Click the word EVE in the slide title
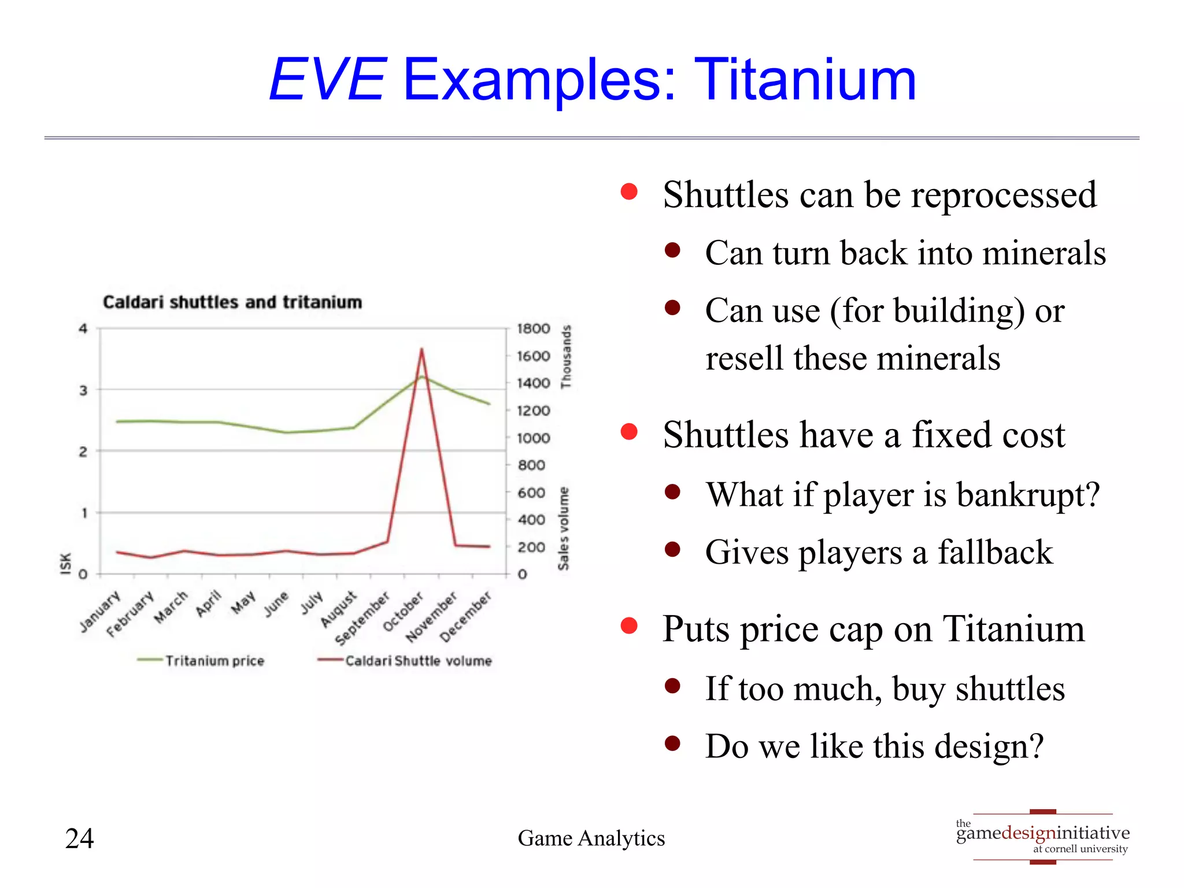tap(327, 80)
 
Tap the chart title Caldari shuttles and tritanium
tap(232, 302)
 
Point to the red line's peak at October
tap(421, 349)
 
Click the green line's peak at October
tap(422, 377)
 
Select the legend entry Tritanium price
tap(214, 661)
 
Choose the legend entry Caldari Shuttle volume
tap(418, 661)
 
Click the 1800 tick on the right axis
tap(533, 329)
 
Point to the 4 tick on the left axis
tap(83, 329)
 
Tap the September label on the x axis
tap(362, 618)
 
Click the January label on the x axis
tap(101, 611)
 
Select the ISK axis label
tap(66, 564)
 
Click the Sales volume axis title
tap(563, 528)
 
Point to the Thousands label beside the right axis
tap(566, 356)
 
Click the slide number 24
tap(79, 838)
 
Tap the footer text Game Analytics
tap(591, 838)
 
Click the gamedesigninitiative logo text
tap(1042, 833)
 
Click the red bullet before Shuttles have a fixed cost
tap(628, 432)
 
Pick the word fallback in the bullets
tap(995, 552)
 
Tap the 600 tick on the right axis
tap(531, 493)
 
